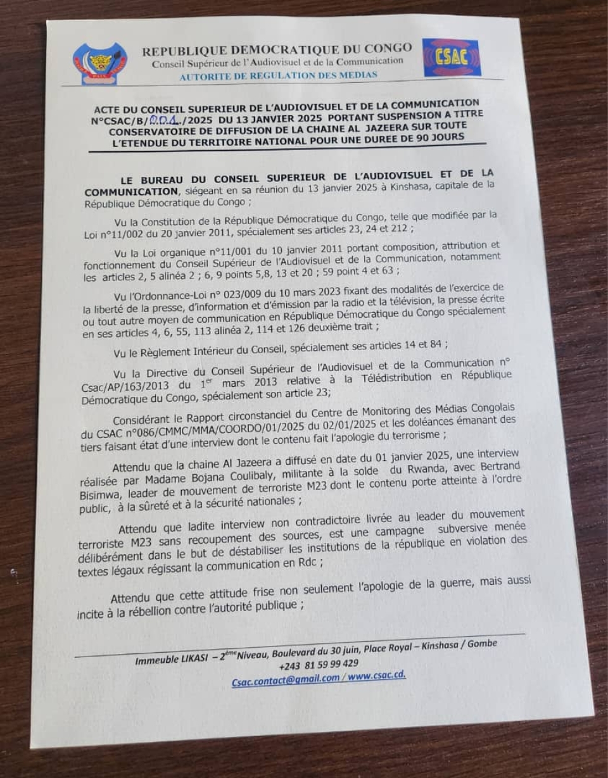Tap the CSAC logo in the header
tap(451, 57)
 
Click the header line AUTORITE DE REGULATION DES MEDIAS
tap(278, 75)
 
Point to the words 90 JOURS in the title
tap(440, 135)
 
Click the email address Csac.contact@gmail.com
tap(285, 678)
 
